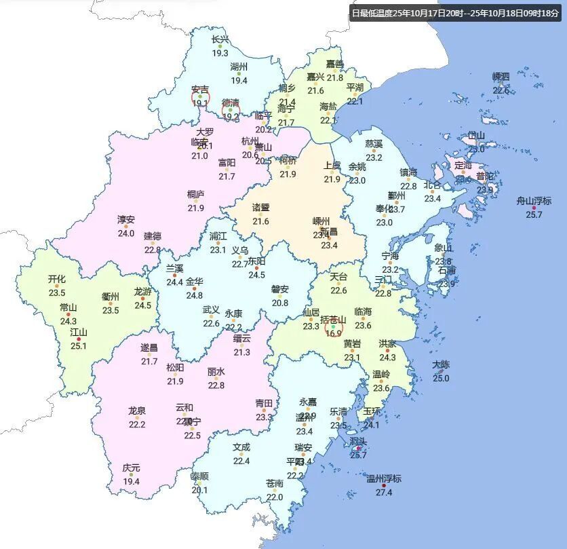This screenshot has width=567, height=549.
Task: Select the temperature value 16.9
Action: [x=333, y=334]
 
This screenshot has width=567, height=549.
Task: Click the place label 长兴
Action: [x=220, y=40]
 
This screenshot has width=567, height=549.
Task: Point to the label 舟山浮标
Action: [x=534, y=201]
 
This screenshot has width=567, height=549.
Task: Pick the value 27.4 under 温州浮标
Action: [x=384, y=492]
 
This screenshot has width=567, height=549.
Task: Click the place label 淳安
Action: [x=126, y=220]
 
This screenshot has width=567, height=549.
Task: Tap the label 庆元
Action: [x=131, y=468]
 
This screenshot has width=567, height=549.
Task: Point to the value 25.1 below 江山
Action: [x=79, y=345]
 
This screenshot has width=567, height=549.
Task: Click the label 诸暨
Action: [x=261, y=208]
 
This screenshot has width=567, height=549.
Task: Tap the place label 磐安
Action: [x=280, y=289]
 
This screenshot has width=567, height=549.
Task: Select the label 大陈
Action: [x=441, y=364]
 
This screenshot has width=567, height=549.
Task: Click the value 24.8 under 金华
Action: [x=194, y=295]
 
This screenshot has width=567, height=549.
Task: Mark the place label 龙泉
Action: [x=137, y=411]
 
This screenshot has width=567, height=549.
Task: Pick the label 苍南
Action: [x=275, y=484]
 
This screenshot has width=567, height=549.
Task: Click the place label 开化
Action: [x=57, y=280]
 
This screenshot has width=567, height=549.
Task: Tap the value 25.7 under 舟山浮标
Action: [x=534, y=214]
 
